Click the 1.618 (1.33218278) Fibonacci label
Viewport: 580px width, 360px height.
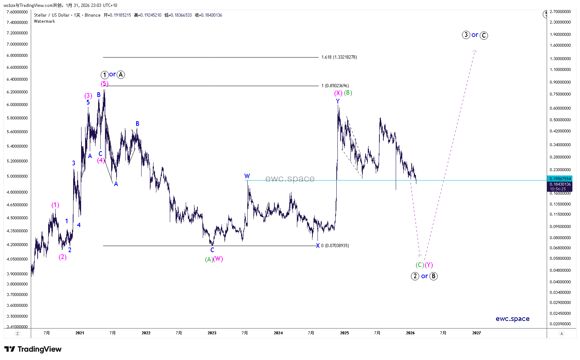click(339, 57)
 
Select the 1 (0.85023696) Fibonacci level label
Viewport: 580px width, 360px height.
click(335, 86)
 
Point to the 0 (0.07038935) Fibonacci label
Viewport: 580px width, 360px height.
click(335, 246)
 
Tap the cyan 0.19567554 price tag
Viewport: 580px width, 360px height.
click(560, 179)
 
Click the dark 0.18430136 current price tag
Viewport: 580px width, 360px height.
click(560, 184)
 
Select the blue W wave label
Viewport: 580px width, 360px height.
click(247, 176)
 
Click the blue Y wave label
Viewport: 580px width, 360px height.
click(338, 101)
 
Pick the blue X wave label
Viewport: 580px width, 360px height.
click(318, 246)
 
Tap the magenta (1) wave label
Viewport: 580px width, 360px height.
click(55, 205)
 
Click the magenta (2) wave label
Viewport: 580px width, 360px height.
click(63, 257)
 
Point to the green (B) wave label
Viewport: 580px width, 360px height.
click(348, 93)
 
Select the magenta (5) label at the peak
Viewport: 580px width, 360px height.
click(104, 84)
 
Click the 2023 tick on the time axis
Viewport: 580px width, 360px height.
click(212, 333)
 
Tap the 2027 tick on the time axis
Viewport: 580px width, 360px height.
click(476, 333)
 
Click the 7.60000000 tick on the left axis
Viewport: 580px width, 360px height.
click(17, 12)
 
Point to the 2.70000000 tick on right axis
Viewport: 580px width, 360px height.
click(560, 12)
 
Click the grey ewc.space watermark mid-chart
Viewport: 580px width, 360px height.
click(290, 179)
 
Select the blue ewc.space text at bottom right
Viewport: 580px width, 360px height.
click(512, 319)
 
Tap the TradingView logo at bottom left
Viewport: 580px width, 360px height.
click(33, 349)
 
